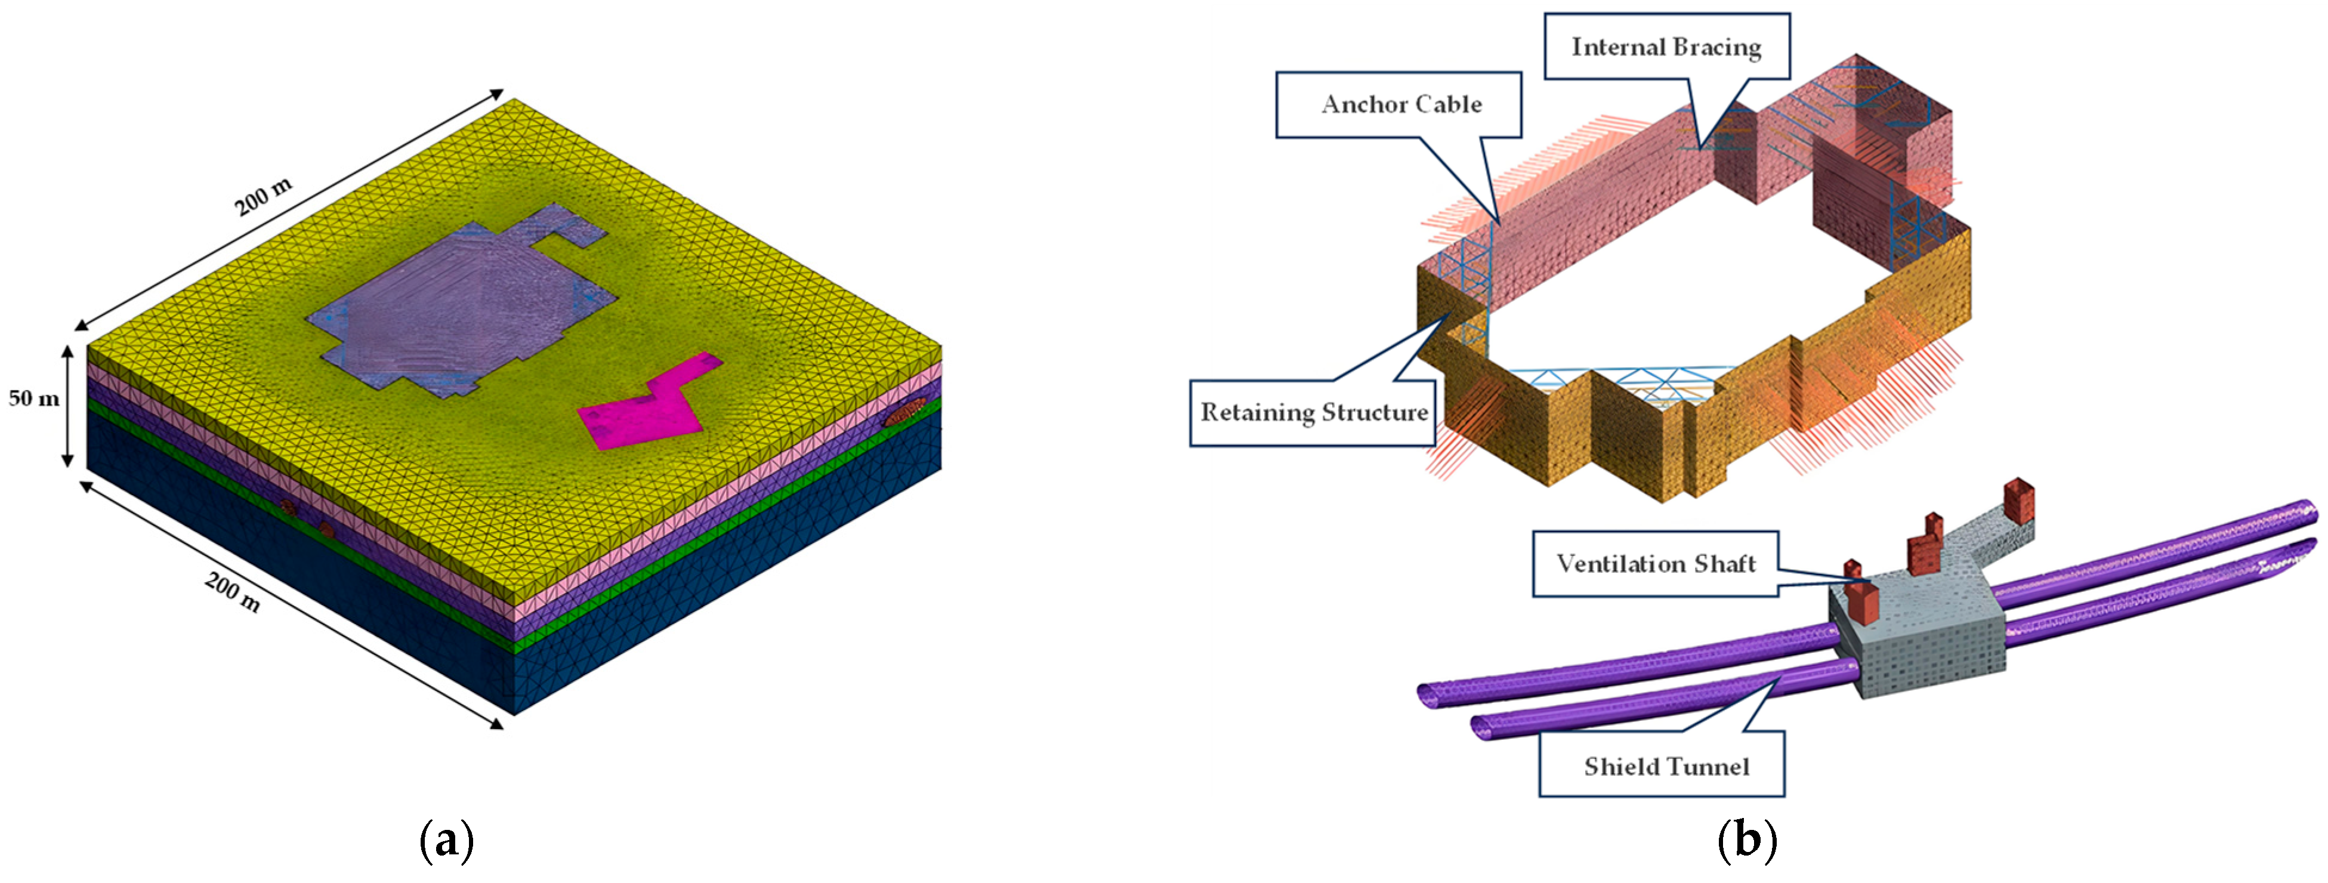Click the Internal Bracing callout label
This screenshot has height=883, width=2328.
pos(1666,47)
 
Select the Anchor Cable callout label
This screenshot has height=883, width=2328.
pos(1401,105)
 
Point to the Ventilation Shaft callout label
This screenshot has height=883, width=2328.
pos(1655,564)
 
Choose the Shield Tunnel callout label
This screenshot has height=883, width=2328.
pos(1666,767)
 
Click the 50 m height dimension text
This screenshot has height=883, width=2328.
pos(33,399)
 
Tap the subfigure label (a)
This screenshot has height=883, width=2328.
pos(446,841)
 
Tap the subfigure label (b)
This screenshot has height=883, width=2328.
pos(1746,841)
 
